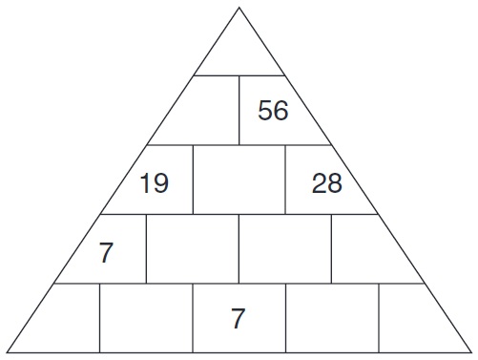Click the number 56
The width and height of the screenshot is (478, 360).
tap(273, 111)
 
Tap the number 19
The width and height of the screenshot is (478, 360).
tap(154, 183)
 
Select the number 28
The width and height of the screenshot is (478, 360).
tap(326, 183)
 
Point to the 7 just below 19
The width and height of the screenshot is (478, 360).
tap(106, 253)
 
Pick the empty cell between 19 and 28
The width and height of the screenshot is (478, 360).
tap(239, 180)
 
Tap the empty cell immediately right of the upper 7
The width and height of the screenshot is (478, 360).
tap(192, 248)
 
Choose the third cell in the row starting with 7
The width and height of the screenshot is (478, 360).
tap(284, 248)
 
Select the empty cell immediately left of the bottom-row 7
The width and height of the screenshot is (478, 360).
tap(146, 318)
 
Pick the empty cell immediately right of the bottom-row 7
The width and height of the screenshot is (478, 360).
tap(331, 318)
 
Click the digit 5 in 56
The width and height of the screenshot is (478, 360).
tap(266, 111)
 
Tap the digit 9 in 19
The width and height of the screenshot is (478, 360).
tap(160, 183)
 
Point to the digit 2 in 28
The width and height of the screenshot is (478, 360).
tap(320, 183)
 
